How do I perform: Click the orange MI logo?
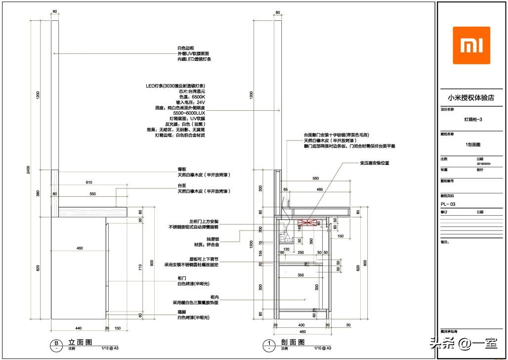coord(471,45)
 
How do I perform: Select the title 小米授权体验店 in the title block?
coord(471,97)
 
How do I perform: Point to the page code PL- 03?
coord(448,204)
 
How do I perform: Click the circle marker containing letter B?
coord(56,343)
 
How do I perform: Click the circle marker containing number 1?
coord(269,343)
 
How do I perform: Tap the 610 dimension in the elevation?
coord(89,182)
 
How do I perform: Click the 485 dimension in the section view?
coord(319,189)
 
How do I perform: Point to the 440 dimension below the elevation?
coord(78,327)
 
